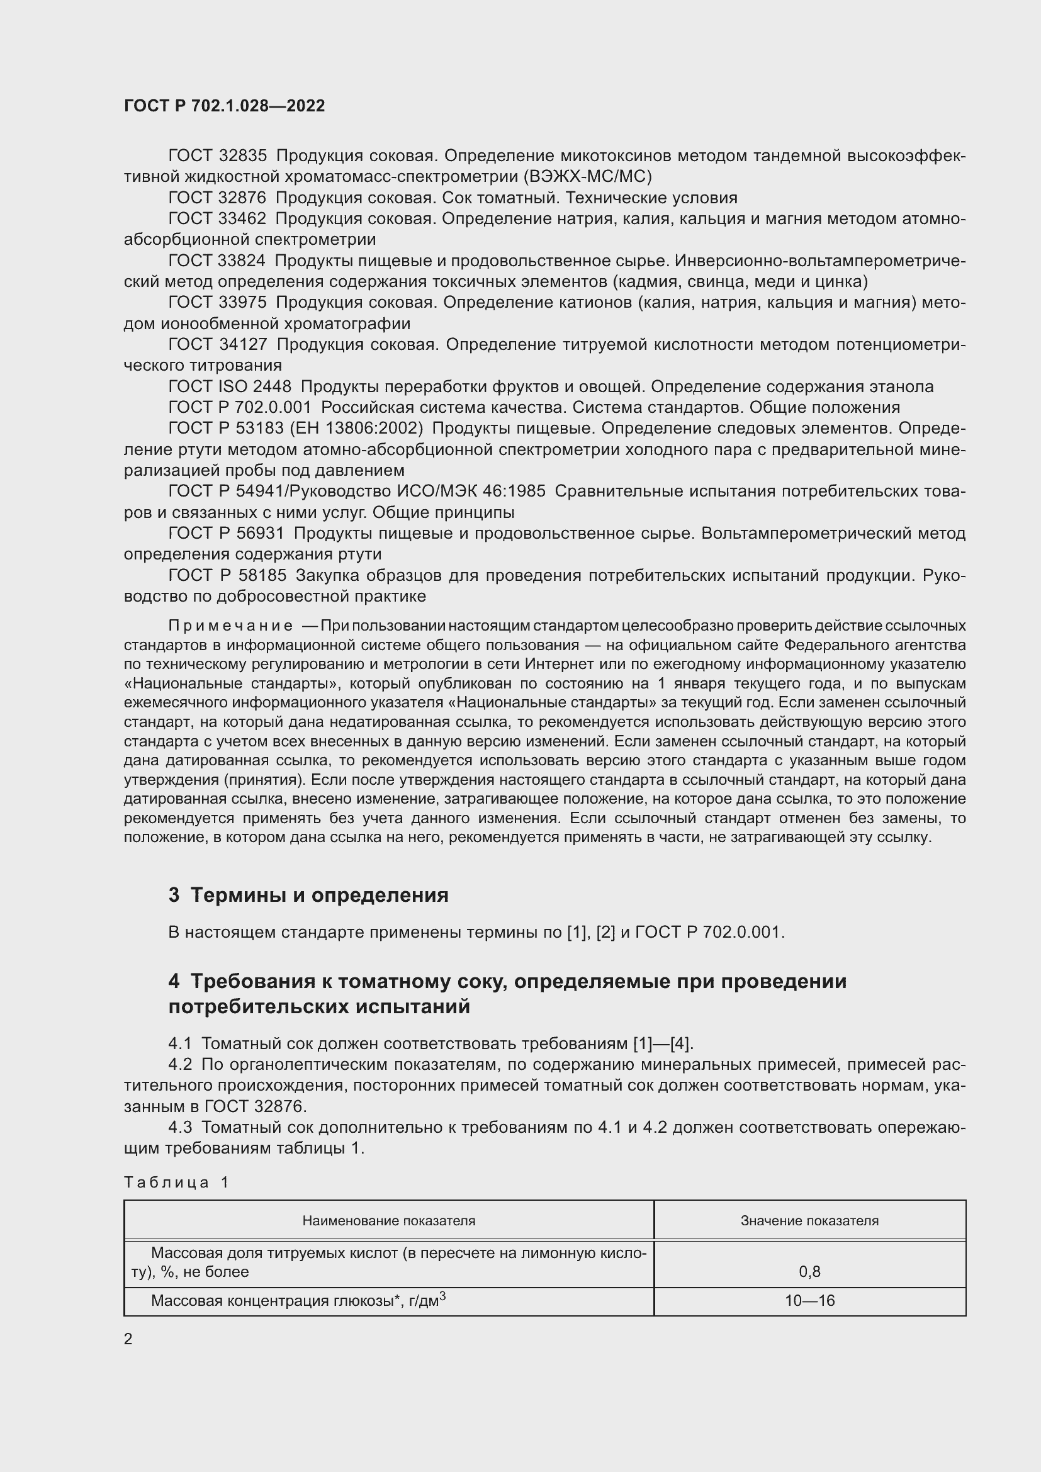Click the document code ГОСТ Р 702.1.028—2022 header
tap(224, 106)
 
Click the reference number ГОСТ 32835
tap(217, 156)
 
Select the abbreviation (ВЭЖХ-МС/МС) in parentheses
tap(587, 176)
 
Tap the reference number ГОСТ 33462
tap(217, 218)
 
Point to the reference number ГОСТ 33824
tap(217, 261)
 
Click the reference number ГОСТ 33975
tap(217, 302)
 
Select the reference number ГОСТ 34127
tap(217, 344)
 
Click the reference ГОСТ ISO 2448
tap(230, 386)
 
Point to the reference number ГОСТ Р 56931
tap(227, 534)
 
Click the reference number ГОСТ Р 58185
tap(227, 575)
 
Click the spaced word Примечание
tap(231, 625)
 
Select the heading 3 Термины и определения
tap(308, 894)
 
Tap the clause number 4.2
tap(180, 1065)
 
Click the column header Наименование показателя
tap(388, 1221)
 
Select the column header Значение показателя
tap(809, 1221)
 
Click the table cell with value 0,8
tap(809, 1271)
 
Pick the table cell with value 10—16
tap(809, 1301)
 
